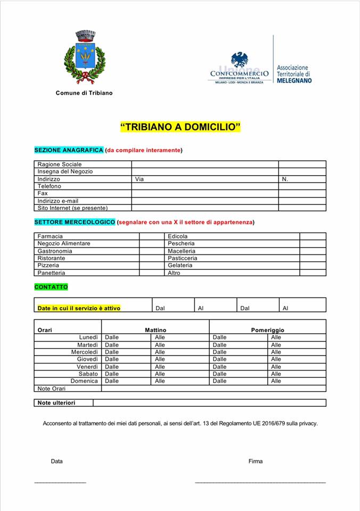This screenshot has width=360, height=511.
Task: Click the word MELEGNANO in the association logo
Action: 294,80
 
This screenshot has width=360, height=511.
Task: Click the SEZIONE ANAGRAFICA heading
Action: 69,150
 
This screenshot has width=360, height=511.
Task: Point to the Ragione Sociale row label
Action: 60,164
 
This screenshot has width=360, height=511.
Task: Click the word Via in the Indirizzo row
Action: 140,179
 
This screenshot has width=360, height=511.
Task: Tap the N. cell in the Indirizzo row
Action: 285,179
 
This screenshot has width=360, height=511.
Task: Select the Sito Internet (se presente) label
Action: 72,208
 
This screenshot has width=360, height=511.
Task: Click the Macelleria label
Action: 182,251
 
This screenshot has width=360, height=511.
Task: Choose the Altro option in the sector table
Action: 174,273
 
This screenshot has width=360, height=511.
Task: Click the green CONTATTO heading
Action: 51,287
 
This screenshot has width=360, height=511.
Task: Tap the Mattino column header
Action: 156,330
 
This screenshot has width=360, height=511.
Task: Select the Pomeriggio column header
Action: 267,330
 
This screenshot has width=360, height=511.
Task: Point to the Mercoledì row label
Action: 85,352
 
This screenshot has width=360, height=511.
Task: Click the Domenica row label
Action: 84,381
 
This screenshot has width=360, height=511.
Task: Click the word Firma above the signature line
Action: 255,461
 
